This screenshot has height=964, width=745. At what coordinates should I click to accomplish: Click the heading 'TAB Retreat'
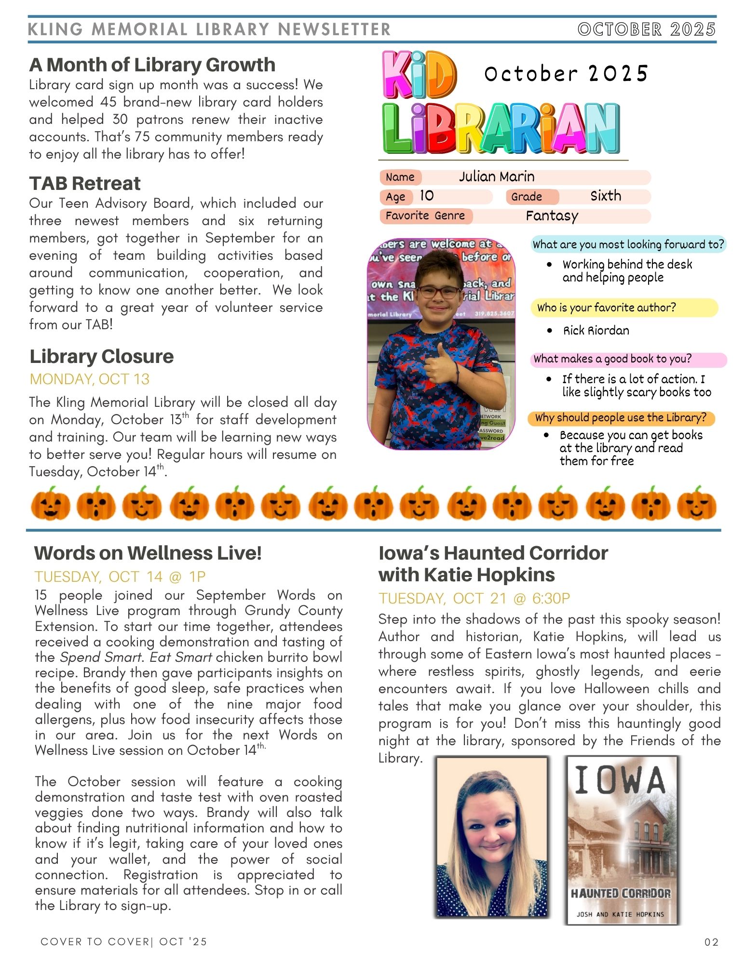[85, 184]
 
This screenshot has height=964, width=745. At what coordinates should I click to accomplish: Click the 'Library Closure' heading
[101, 357]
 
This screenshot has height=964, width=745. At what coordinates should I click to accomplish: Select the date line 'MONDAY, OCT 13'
[90, 379]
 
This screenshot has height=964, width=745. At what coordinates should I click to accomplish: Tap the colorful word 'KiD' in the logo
[419, 75]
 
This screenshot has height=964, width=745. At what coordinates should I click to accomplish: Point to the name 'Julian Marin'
[496, 177]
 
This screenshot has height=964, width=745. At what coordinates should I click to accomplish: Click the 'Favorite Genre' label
[425, 216]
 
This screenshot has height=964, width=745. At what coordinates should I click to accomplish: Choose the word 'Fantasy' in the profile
[552, 216]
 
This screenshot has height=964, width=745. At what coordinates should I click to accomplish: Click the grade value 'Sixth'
[606, 196]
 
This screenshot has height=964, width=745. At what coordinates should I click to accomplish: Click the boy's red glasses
[438, 292]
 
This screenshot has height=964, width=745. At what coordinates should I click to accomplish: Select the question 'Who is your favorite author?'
[606, 308]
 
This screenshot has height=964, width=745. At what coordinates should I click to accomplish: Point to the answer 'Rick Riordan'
[596, 331]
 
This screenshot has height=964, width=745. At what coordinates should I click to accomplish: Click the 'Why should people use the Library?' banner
[620, 418]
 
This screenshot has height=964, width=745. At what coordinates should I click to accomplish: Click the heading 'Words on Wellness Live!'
[148, 553]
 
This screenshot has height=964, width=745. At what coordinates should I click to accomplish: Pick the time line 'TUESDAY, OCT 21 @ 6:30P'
[474, 599]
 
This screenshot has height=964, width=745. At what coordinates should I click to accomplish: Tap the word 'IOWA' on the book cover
[620, 780]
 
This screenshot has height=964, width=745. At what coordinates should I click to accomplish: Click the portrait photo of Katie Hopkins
[492, 836]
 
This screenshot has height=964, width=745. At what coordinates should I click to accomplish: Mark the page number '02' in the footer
[711, 942]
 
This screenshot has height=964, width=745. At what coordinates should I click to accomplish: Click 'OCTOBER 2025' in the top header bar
[646, 29]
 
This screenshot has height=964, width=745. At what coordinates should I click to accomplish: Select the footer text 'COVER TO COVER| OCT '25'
[124, 942]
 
